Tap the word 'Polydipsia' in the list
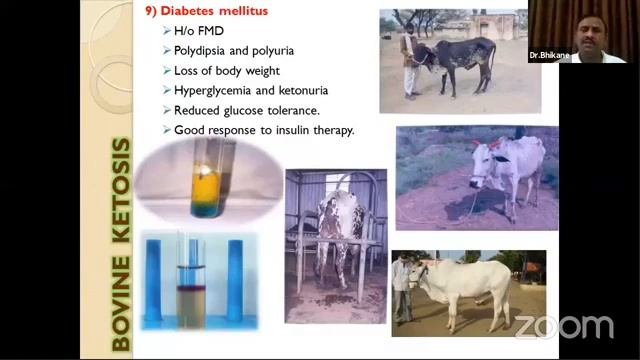click(200, 51)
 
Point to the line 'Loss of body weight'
click(226, 71)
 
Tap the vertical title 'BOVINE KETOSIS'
click(121, 245)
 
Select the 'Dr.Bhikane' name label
click(548, 56)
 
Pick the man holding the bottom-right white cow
click(401, 290)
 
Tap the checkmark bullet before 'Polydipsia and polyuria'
click(166, 51)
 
